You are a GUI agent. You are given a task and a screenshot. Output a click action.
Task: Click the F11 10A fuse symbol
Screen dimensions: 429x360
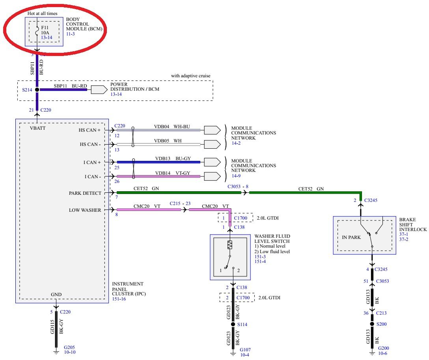(x=37, y=32)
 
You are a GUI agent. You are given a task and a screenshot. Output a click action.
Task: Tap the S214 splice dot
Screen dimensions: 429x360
(x=37, y=90)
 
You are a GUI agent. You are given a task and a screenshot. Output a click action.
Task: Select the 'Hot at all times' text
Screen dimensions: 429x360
(x=43, y=13)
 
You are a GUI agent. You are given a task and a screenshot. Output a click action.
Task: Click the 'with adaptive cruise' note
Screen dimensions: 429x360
(x=191, y=76)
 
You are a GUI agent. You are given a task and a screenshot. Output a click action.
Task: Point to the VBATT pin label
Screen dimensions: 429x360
(x=38, y=128)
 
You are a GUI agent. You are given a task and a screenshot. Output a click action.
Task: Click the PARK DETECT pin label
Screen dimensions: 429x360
(x=85, y=193)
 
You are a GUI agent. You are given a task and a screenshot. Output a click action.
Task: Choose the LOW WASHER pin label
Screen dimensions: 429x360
(x=85, y=210)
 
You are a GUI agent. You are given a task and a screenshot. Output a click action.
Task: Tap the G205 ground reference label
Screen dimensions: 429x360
(x=69, y=347)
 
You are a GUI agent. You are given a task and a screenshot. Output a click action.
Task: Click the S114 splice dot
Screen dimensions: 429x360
(x=233, y=324)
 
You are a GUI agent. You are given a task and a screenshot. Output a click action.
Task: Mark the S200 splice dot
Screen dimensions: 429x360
(x=372, y=324)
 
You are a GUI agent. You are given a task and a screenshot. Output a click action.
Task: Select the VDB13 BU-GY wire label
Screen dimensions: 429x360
(x=173, y=159)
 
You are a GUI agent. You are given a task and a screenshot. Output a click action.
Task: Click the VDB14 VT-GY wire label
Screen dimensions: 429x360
(x=173, y=173)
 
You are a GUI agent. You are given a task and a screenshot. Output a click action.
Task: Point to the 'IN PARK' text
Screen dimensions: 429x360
(x=351, y=237)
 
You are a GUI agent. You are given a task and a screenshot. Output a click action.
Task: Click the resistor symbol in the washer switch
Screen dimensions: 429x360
(x=230, y=244)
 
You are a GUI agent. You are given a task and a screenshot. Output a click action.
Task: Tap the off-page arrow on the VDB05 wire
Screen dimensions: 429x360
(x=212, y=144)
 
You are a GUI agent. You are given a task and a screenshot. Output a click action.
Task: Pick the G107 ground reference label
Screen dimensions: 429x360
(x=245, y=350)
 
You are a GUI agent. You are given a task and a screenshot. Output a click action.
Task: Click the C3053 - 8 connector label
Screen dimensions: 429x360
(x=238, y=187)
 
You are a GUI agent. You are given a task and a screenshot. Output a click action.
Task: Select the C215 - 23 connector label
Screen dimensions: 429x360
(x=180, y=203)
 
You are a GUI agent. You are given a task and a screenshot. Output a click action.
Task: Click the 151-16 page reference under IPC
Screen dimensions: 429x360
(x=119, y=299)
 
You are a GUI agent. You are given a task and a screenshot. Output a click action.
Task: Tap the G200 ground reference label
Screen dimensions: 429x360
(x=384, y=348)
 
